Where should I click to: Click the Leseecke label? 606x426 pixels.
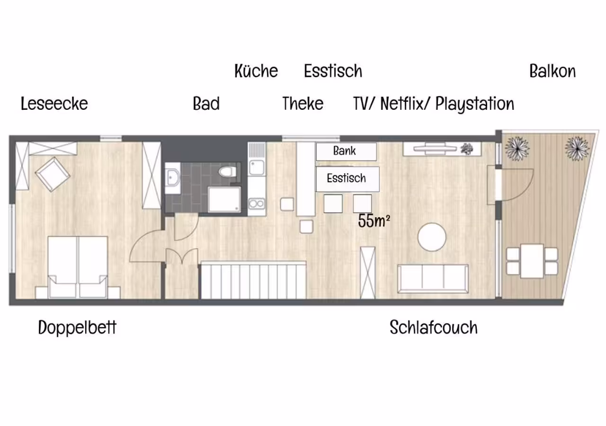click(x=54, y=104)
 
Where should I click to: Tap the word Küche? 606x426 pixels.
click(x=256, y=71)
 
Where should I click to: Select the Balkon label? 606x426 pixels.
click(x=553, y=71)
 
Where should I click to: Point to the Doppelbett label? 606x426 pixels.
click(x=77, y=328)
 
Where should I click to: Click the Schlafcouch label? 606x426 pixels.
click(x=434, y=327)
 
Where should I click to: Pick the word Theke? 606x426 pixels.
click(x=303, y=104)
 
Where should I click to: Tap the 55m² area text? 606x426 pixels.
click(x=374, y=221)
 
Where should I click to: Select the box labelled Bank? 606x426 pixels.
click(x=346, y=152)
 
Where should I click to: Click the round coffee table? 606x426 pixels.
click(x=432, y=237)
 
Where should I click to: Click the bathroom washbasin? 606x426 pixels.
click(x=173, y=177)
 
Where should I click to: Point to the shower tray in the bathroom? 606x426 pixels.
click(x=224, y=199)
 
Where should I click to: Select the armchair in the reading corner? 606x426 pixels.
click(x=52, y=175)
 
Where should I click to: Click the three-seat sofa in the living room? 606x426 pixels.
click(x=433, y=279)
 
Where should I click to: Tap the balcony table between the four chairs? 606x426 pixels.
click(x=532, y=261)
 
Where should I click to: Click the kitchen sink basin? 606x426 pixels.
click(x=257, y=168)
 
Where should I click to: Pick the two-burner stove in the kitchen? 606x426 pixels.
click(x=257, y=204)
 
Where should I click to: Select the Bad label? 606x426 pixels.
click(x=206, y=104)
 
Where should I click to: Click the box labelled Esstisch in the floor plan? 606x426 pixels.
click(x=348, y=179)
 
